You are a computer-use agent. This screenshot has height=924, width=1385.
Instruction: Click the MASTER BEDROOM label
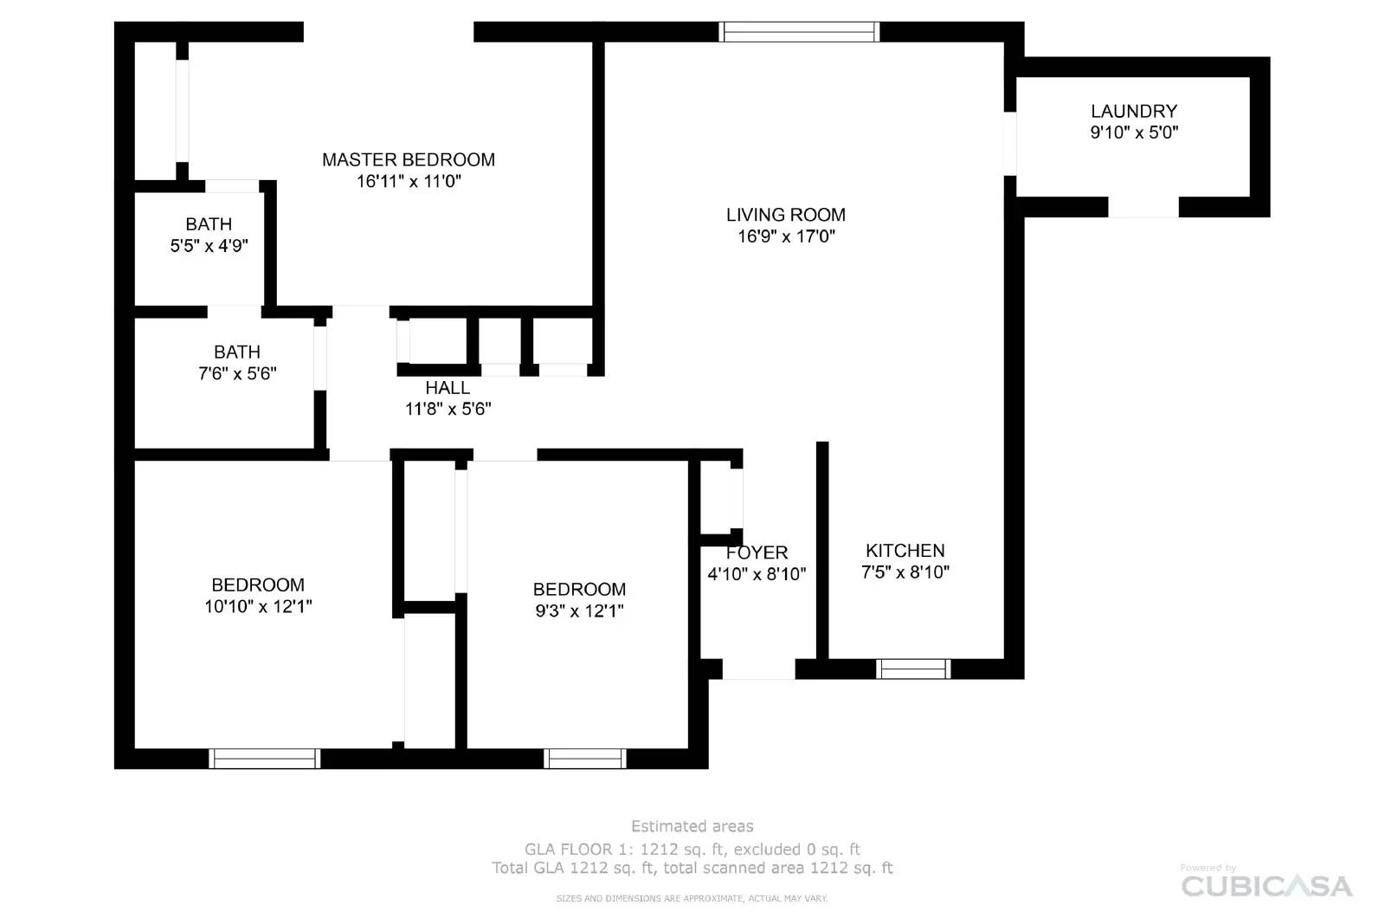tap(409, 159)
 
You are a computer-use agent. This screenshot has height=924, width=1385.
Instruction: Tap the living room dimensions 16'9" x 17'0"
tap(785, 236)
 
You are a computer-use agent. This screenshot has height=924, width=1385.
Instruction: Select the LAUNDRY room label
tap(1134, 111)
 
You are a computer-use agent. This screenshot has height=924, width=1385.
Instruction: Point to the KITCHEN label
tap(905, 551)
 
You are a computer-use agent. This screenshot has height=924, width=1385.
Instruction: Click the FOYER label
tap(757, 552)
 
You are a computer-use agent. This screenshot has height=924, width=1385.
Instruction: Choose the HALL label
tap(448, 388)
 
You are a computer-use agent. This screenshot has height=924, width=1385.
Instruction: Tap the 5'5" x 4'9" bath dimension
tap(209, 246)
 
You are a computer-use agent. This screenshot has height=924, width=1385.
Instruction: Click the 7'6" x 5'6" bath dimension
tap(237, 374)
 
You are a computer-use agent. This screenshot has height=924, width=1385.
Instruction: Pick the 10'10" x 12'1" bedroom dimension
tap(258, 606)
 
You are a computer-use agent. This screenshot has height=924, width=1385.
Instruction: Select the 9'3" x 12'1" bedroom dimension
tap(579, 611)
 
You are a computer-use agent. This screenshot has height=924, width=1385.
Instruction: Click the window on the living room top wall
tap(800, 32)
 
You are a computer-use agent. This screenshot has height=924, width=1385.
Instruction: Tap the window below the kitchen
tap(913, 669)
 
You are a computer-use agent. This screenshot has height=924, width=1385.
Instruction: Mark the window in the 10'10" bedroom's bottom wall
tap(265, 759)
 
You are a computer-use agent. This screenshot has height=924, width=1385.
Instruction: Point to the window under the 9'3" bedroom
tap(585, 759)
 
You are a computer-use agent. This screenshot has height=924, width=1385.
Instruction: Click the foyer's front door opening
tap(758, 669)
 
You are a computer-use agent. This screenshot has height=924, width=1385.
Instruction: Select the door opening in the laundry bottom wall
tap(1143, 207)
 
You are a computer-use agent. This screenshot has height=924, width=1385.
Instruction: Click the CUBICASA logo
tap(1266, 886)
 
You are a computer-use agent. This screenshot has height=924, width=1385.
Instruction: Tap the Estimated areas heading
tap(692, 826)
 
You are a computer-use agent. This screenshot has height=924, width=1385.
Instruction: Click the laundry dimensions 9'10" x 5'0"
tap(1134, 132)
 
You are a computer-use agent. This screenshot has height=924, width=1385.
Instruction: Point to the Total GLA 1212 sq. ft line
tap(692, 868)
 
